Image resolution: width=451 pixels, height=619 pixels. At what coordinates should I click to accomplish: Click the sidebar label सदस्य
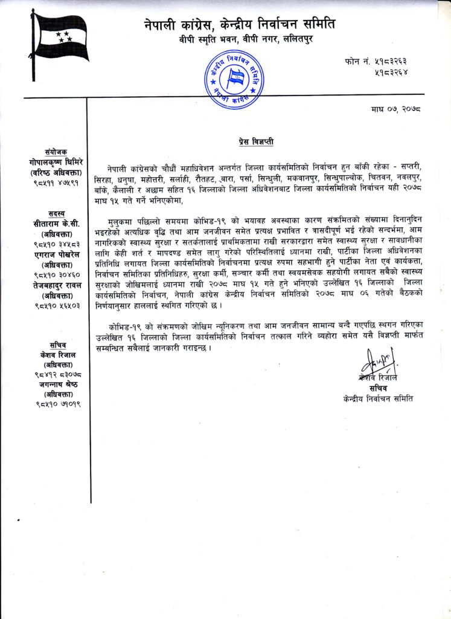tap(56, 213)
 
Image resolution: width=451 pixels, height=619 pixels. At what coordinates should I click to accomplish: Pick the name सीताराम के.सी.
tap(56, 223)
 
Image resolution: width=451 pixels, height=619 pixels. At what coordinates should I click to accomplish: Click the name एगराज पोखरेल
tap(56, 255)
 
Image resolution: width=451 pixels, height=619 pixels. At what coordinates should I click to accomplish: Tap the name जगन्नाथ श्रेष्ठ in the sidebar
tap(56, 384)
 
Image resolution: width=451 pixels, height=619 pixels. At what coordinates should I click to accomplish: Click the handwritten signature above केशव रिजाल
tap(376, 362)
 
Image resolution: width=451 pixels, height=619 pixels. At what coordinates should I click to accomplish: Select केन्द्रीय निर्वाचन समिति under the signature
tap(376, 399)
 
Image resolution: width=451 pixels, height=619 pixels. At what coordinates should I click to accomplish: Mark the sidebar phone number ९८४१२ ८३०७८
tap(56, 374)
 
